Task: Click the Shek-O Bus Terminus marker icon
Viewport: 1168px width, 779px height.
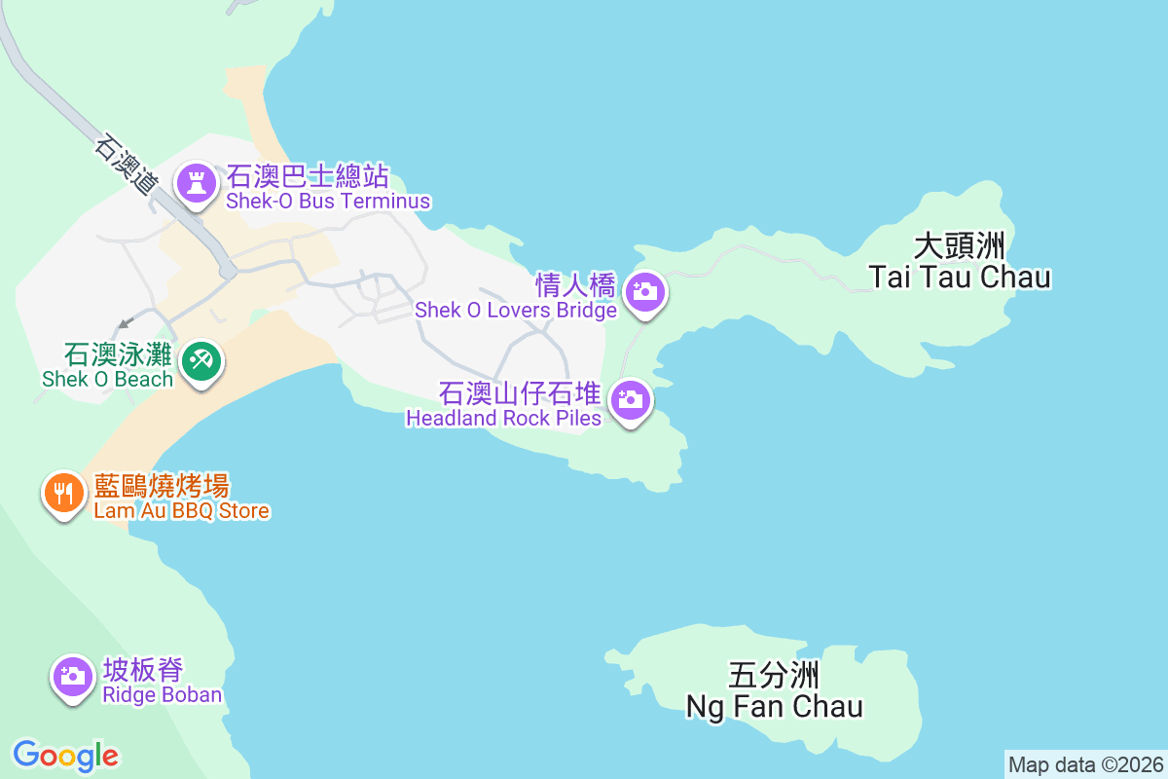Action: [197, 182]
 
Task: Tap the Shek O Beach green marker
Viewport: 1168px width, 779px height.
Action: [202, 361]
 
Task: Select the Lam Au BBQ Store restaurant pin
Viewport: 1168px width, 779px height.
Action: [63, 493]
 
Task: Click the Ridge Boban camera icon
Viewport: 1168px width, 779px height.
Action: [72, 674]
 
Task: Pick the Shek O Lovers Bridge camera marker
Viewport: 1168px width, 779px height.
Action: [643, 290]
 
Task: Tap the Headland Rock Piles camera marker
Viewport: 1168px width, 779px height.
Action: [631, 398]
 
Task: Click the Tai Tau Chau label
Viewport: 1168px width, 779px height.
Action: [960, 277]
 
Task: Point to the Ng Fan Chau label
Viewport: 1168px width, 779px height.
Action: [775, 706]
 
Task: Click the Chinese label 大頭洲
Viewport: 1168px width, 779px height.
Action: [960, 245]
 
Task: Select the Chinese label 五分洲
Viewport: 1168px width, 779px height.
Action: [774, 675]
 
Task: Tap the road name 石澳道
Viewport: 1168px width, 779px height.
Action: [127, 164]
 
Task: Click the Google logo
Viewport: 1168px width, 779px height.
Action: [66, 755]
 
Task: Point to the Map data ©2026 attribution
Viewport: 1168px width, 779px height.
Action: [1084, 764]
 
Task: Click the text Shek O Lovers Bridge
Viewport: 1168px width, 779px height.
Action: [516, 311]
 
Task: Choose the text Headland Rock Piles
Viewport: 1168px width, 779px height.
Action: [504, 419]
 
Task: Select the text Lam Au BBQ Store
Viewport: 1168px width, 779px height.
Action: [181, 510]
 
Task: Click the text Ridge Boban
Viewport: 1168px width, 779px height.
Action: [163, 694]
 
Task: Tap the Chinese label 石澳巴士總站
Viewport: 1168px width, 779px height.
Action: [308, 176]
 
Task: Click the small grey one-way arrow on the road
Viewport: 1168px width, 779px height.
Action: [124, 323]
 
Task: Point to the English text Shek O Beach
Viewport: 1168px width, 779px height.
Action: [106, 380]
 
